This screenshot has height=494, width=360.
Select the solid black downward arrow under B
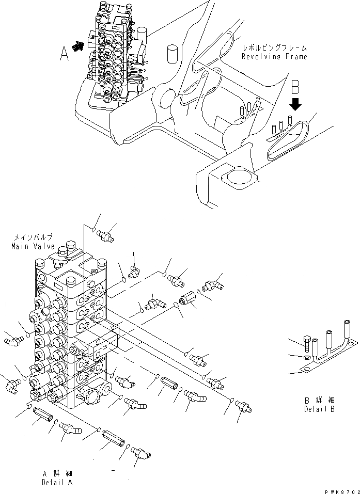pyautogui.click(x=295, y=105)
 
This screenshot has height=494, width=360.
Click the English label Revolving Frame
pyautogui.click(x=275, y=56)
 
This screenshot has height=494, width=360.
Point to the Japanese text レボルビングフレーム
pyautogui.click(x=275, y=47)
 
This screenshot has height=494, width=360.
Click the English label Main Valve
pyautogui.click(x=33, y=246)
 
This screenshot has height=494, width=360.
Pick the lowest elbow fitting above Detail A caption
pyautogui.click(x=140, y=453)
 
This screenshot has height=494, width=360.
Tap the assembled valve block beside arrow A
pyautogui.click(x=111, y=52)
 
